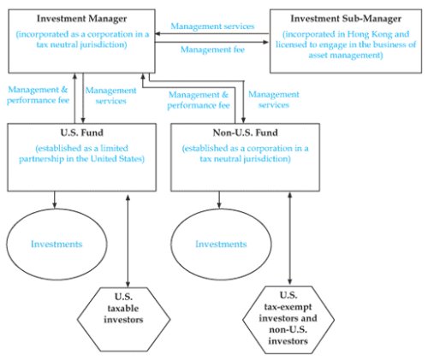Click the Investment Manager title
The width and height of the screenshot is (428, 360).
point(82,19)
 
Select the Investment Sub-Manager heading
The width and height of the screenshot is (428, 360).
point(346,19)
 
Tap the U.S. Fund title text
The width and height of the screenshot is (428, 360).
point(82,133)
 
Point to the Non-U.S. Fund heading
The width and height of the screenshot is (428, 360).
point(246,133)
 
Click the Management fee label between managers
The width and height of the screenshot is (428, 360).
point(212,50)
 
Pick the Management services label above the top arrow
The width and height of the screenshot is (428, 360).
point(212,27)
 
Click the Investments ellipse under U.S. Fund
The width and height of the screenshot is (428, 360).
point(56,245)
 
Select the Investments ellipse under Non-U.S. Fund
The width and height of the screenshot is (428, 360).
point(221,245)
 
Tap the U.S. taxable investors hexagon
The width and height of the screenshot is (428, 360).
point(123,320)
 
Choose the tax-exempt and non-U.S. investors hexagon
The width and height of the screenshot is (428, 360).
point(288,320)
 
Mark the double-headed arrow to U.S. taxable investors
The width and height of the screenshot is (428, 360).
point(128,241)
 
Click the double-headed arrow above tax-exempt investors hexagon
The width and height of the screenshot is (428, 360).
point(290,239)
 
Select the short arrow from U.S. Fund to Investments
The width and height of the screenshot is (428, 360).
point(55,199)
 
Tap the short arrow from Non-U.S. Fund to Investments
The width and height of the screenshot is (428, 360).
point(219,199)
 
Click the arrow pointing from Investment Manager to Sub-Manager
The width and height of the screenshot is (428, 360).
point(211,43)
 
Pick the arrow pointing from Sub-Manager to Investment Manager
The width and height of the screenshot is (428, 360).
point(211,34)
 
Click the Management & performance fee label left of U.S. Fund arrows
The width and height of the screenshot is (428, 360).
point(38,95)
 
